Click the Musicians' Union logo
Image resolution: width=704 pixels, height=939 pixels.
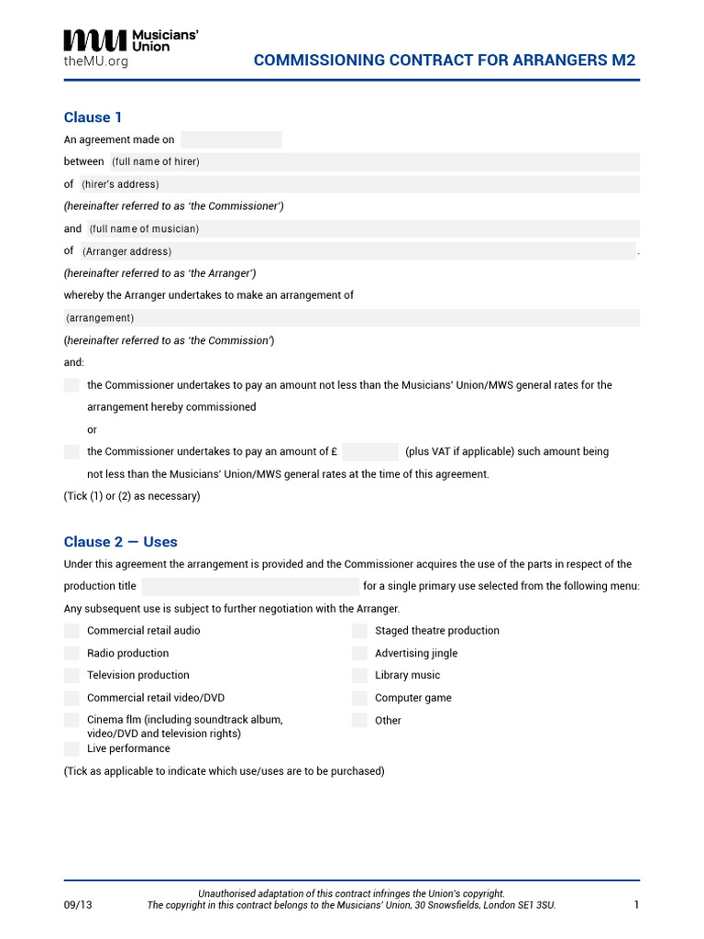tap(130, 40)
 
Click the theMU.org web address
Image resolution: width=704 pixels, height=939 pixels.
tap(95, 61)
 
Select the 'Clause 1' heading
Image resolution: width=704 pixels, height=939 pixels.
tap(93, 117)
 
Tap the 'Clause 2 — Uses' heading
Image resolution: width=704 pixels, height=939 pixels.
tap(120, 542)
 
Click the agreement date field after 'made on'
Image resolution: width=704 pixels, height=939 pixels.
tap(231, 140)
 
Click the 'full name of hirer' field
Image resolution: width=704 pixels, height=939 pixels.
tap(373, 162)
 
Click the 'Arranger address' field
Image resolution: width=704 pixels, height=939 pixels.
tap(357, 251)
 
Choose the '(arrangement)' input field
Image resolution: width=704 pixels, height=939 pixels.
tap(351, 318)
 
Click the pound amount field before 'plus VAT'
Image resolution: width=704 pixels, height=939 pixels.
tap(370, 452)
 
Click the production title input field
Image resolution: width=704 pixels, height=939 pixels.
tap(250, 587)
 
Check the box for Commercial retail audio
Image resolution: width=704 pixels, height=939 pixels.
tap(71, 631)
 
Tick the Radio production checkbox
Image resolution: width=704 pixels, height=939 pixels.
tap(71, 654)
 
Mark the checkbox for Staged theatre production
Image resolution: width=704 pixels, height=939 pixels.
tap(359, 631)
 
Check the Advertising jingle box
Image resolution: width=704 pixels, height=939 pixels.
tap(359, 654)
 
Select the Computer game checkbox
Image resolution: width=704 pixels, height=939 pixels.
tap(359, 698)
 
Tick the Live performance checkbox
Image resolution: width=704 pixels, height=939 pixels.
tap(71, 749)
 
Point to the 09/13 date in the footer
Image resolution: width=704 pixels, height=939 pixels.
tap(78, 905)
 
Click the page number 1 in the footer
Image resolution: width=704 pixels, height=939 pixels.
tap(635, 905)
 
